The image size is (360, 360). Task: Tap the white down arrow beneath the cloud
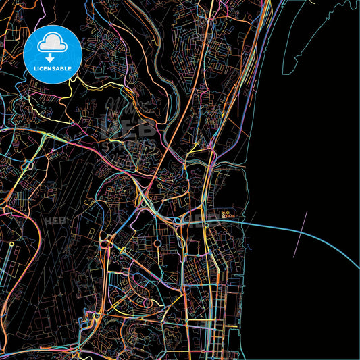(52, 57)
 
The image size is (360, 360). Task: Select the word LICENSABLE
(52, 69)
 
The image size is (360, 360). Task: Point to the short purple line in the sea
(301, 233)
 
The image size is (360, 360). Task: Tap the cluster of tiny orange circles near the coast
(227, 215)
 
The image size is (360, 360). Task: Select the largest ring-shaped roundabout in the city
(157, 244)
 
